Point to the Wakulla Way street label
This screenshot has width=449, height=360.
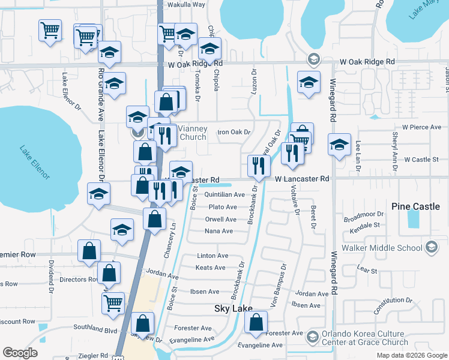[186, 4]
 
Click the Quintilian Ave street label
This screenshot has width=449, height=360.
[224, 195]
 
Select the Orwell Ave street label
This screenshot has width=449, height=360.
[220, 220]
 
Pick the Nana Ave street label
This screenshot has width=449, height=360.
[218, 231]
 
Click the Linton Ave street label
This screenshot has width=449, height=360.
[212, 256]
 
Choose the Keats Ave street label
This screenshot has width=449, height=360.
[211, 268]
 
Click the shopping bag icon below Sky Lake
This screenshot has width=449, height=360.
[256, 322]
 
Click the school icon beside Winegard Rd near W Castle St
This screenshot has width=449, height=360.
[339, 145]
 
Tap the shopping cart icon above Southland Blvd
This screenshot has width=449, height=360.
[113, 303]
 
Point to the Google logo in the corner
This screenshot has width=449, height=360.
[20, 353]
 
